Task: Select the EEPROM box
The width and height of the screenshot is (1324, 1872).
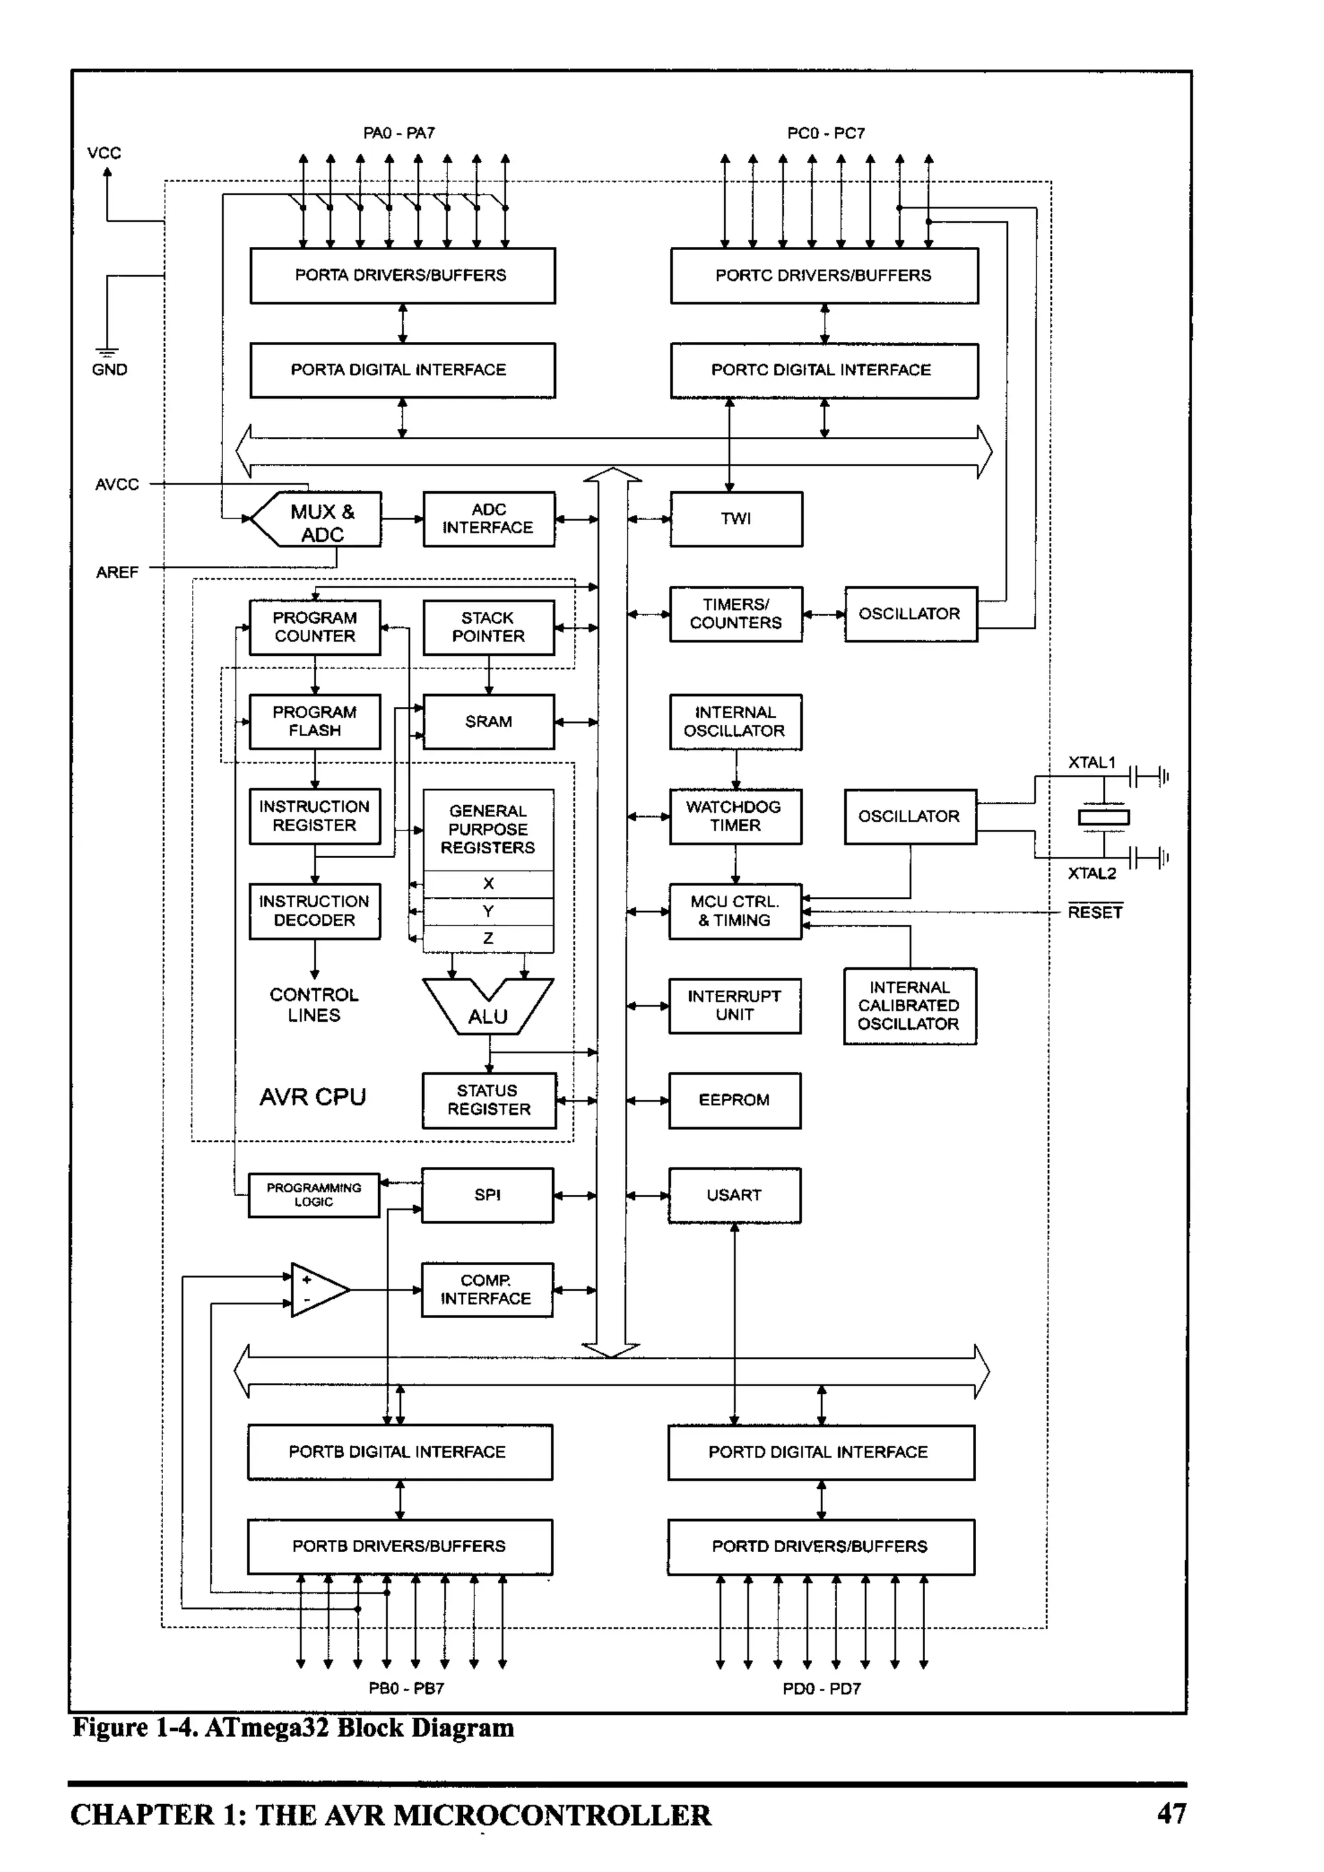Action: pyautogui.click(x=734, y=1100)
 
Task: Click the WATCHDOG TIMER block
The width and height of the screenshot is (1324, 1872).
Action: pyautogui.click(x=734, y=816)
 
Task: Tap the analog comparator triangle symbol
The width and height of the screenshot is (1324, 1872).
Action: pyautogui.click(x=318, y=1289)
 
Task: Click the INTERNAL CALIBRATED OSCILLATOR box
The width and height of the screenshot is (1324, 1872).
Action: pyautogui.click(x=909, y=1005)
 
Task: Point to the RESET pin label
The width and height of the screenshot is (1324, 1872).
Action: pyautogui.click(x=1094, y=912)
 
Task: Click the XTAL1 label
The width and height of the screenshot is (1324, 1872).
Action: pyautogui.click(x=1091, y=762)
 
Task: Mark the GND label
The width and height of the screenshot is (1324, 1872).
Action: pyautogui.click(x=109, y=370)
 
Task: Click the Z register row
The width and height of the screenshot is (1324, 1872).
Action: pyautogui.click(x=488, y=938)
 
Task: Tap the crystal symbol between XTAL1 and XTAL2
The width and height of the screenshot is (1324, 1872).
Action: pyautogui.click(x=1104, y=817)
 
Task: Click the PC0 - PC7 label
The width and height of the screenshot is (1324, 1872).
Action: pyautogui.click(x=826, y=133)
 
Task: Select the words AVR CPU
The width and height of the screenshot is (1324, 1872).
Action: pyautogui.click(x=312, y=1097)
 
